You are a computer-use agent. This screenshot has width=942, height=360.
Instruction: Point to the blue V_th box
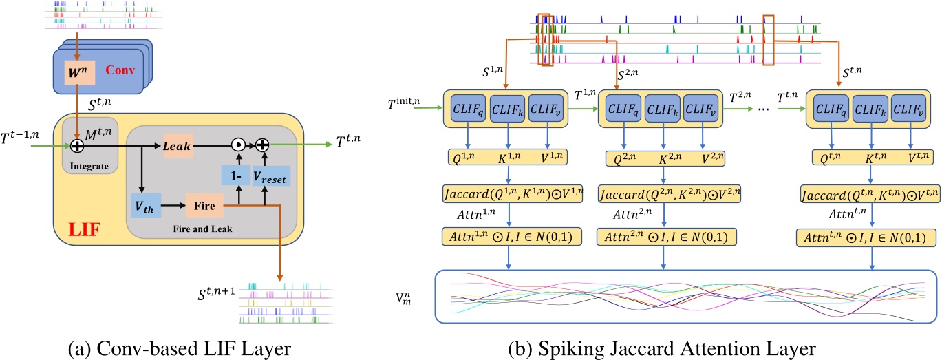pos(147,206)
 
